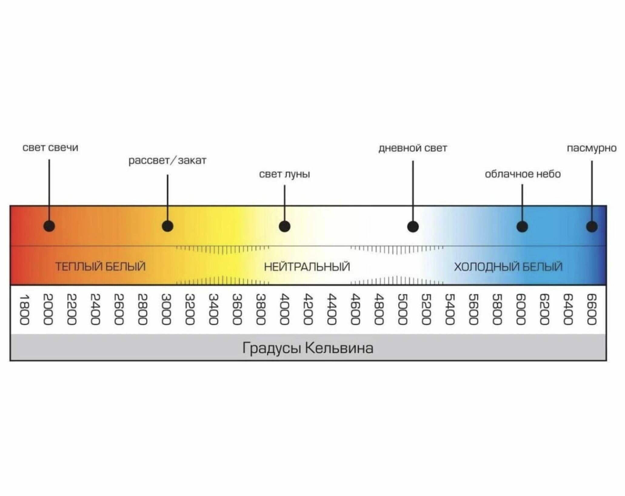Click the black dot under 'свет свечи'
(49, 226)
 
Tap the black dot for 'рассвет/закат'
(168, 226)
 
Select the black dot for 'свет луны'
(285, 226)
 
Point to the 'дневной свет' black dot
(413, 226)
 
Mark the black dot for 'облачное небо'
(522, 226)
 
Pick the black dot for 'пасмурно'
(592, 226)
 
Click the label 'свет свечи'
(50, 148)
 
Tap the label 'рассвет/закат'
(167, 160)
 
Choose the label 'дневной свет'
(413, 148)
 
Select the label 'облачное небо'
(523, 174)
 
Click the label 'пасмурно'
(592, 148)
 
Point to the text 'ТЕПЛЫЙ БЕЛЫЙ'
(100, 266)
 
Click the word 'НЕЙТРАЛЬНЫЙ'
(307, 267)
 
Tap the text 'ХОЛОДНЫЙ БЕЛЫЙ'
(508, 267)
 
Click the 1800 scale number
(24, 310)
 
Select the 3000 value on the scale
(166, 310)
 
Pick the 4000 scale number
(284, 310)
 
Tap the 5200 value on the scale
(426, 310)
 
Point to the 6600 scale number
(591, 310)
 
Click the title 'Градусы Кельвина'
(308, 348)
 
